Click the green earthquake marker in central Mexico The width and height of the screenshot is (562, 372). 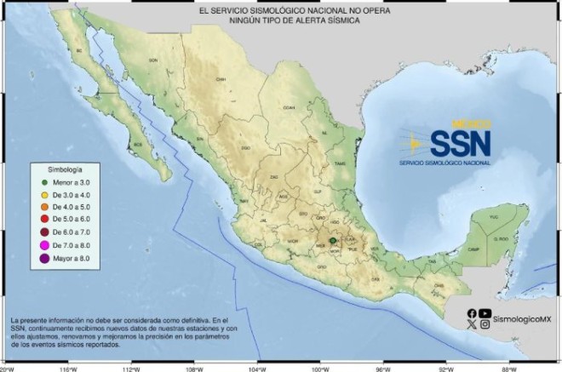point(334,241)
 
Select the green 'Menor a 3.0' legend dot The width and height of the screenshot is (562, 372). point(42,182)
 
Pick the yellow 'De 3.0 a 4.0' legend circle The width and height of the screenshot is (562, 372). point(42,194)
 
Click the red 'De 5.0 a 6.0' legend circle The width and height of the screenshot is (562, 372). point(42,219)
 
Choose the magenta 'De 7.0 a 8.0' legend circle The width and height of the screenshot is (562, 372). point(42,243)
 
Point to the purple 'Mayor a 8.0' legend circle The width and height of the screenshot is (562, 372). point(42,257)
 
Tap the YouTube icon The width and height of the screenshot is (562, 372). point(485,312)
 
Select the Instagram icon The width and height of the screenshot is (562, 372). point(485,324)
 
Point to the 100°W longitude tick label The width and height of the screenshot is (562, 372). point(320,367)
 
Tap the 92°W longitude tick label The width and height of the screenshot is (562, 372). point(445,367)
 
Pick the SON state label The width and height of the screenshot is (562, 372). point(154,60)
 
